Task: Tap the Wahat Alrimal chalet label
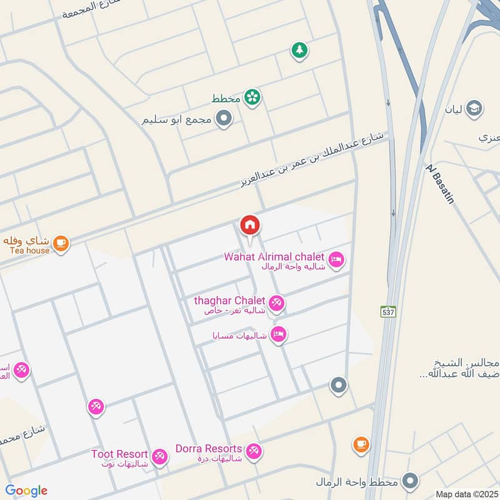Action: [276, 257]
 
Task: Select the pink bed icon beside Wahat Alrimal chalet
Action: [336, 259]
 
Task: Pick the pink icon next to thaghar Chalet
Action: [277, 304]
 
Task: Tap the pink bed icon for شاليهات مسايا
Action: [279, 335]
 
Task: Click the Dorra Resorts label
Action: [209, 449]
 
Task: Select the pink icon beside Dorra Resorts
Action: [254, 451]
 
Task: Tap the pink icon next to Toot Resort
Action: [160, 456]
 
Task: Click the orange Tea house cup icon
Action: [61, 242]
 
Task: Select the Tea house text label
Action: [29, 251]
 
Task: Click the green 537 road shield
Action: [389, 311]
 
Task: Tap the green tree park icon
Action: [299, 51]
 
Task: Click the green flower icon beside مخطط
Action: [252, 97]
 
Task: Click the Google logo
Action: [26, 491]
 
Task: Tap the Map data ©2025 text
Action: [466, 494]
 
